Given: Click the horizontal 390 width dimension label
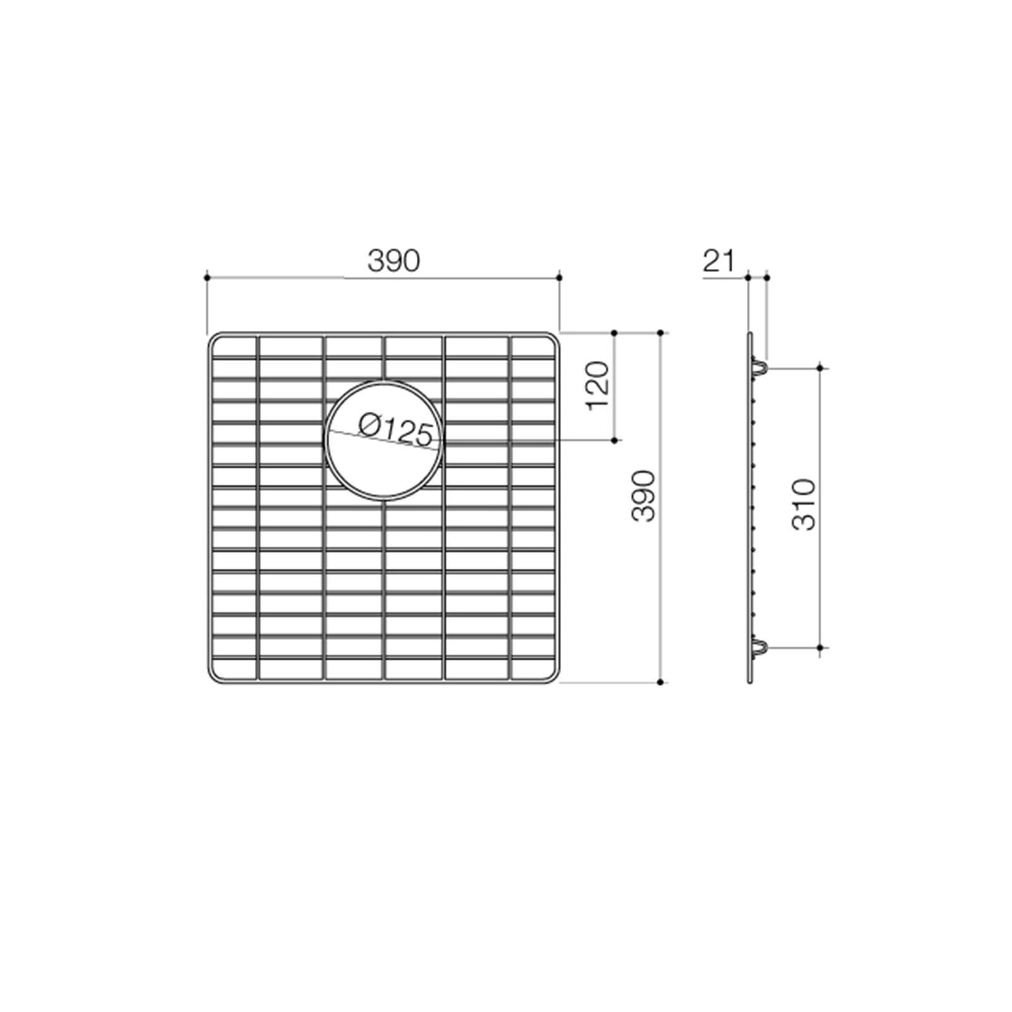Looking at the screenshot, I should click(x=393, y=261).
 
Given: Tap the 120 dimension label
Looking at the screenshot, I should click(x=598, y=385).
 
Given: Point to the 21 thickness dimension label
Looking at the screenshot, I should click(x=719, y=261).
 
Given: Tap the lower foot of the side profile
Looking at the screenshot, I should click(x=761, y=647).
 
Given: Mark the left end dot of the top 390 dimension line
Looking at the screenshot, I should click(x=207, y=277).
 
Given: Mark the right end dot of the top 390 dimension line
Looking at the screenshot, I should click(x=560, y=277).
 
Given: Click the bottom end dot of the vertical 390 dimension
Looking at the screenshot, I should click(x=660, y=682).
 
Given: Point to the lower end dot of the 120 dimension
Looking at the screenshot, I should click(x=615, y=440).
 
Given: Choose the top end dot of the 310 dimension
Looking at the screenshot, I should click(x=820, y=367).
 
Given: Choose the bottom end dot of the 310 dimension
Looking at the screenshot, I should click(x=820, y=648).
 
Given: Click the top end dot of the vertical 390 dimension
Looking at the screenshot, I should click(x=660, y=333).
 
